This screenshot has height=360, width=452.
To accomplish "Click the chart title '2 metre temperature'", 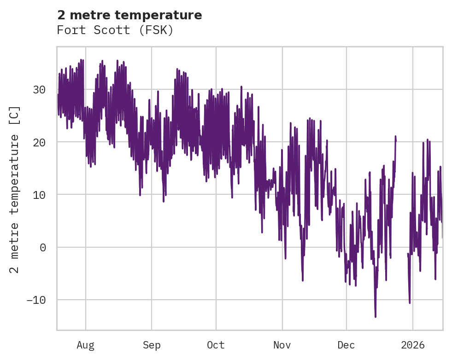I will (x=129, y=15).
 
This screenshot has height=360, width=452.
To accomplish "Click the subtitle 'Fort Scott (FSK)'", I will (x=115, y=30).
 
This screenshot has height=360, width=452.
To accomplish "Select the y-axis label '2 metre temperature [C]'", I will (x=15, y=190).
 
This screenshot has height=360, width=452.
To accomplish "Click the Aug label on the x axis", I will (x=85, y=345).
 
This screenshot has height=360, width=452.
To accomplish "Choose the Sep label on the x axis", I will (x=151, y=345).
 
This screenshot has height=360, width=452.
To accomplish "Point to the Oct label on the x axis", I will (x=216, y=345).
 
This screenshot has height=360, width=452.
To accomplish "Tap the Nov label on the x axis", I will (x=282, y=345).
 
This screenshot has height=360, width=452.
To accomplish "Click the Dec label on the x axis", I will (x=346, y=345).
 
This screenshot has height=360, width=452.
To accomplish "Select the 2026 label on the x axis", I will (x=412, y=345).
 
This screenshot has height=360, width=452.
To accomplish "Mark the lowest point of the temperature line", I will (x=376, y=317).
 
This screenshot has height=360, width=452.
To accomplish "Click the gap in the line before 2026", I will (x=402, y=249).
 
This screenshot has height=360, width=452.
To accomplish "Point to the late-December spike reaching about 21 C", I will (x=395, y=137).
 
